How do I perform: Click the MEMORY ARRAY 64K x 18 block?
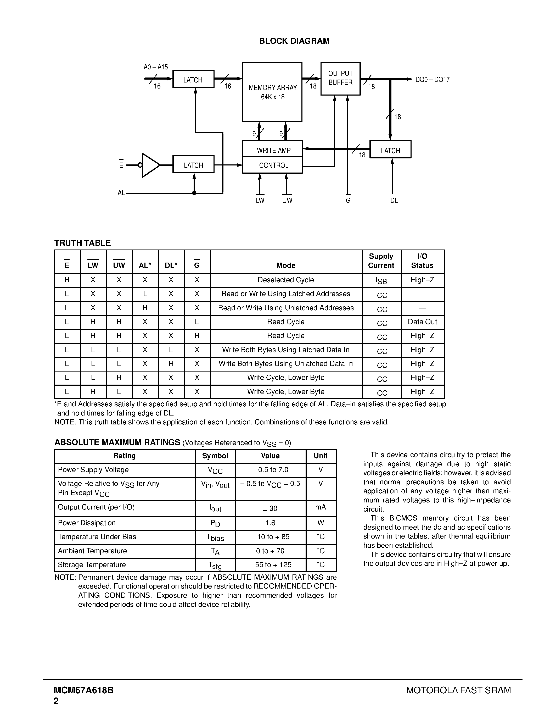(272, 92)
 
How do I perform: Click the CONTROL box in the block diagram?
(272, 165)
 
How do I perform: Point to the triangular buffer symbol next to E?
(150, 165)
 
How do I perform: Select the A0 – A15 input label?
(155, 67)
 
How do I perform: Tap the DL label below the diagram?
(394, 201)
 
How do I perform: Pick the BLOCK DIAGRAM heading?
(294, 41)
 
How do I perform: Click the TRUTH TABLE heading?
(82, 243)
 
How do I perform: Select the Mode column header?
(285, 265)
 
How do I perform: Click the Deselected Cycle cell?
(285, 280)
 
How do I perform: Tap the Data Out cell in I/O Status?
(422, 322)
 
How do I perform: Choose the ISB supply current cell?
(381, 281)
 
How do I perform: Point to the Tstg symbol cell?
(215, 565)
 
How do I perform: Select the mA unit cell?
(321, 507)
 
